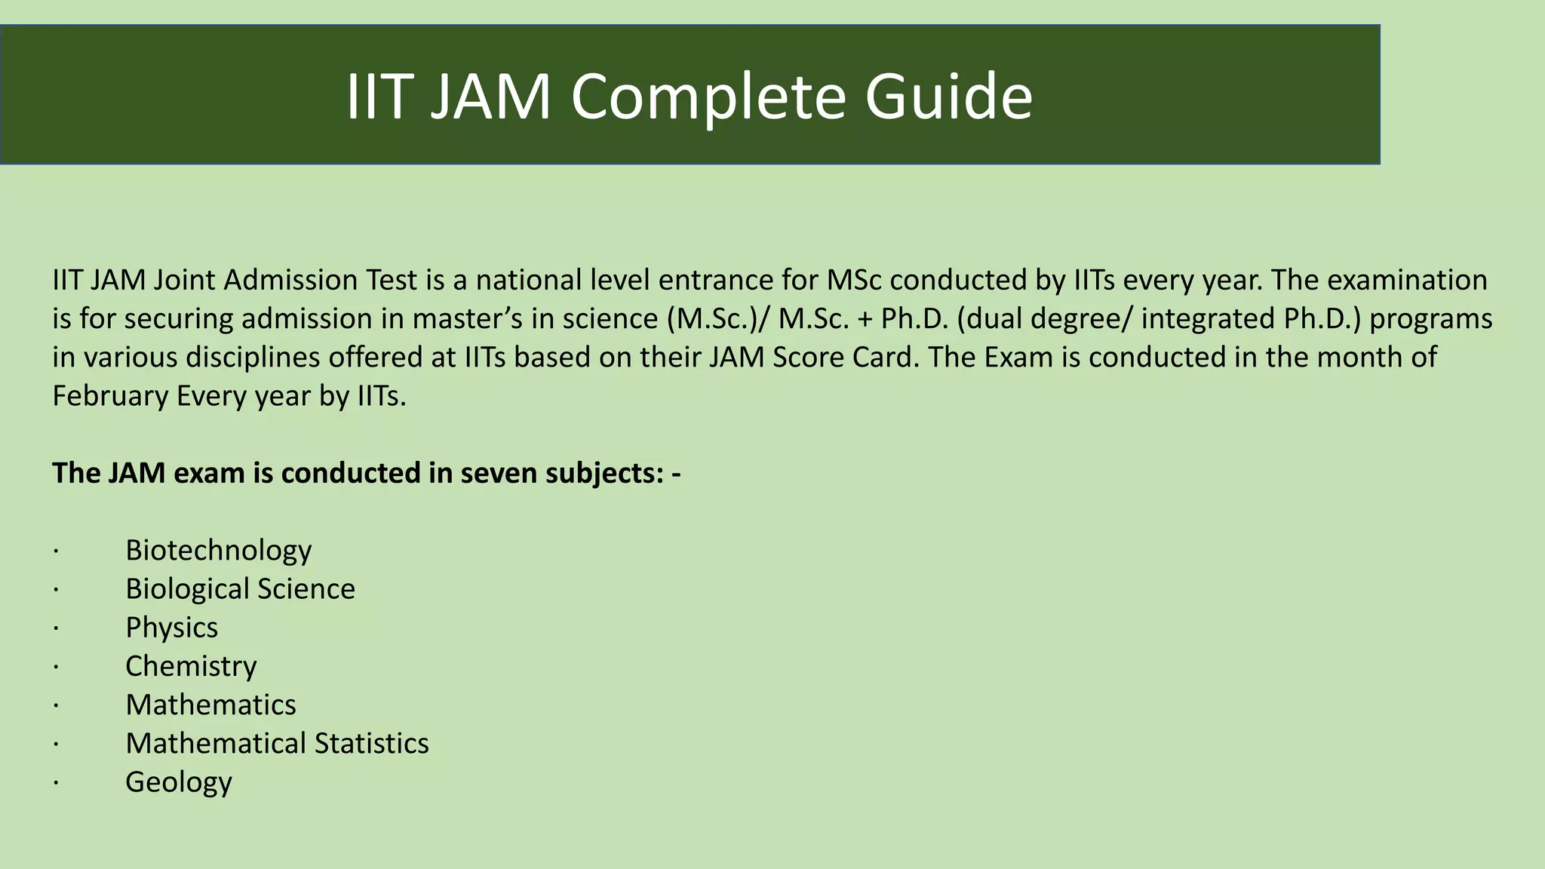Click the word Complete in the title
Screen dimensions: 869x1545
pos(708,97)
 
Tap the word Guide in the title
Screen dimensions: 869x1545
pos(948,97)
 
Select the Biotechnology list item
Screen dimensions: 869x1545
pos(218,550)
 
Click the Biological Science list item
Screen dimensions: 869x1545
pos(240,588)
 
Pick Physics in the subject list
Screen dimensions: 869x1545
pos(171,628)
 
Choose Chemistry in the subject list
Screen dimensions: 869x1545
pos(191,666)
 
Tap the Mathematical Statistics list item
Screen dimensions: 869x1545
pos(277,743)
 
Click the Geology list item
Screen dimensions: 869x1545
pos(178,782)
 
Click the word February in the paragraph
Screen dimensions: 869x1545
pos(110,395)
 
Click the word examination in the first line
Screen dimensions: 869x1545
pos(1407,280)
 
